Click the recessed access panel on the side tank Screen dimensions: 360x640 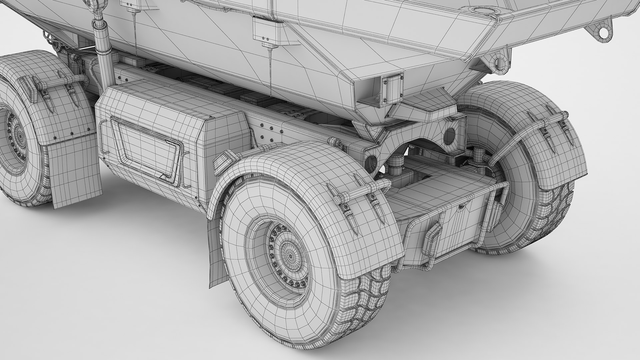[147, 147]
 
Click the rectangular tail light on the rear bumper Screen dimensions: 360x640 [432, 238]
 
